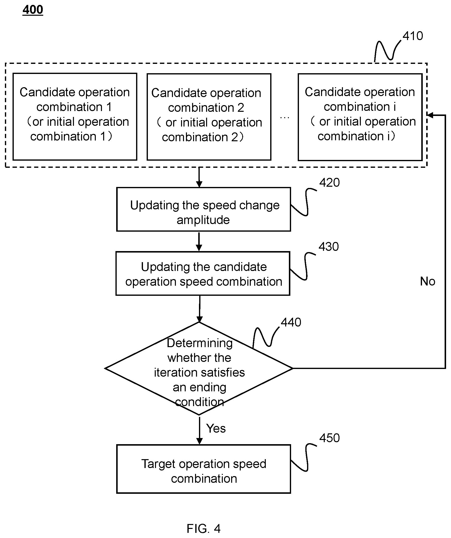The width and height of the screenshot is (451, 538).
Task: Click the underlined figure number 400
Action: pyautogui.click(x=33, y=10)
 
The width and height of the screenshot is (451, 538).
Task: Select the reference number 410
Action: pyautogui.click(x=413, y=36)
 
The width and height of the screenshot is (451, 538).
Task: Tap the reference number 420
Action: pyautogui.click(x=329, y=183)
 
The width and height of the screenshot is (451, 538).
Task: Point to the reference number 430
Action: pyautogui.click(x=329, y=246)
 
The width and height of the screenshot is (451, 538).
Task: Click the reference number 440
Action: pyautogui.click(x=291, y=322)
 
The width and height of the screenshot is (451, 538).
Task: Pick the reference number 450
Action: pyautogui.click(x=329, y=438)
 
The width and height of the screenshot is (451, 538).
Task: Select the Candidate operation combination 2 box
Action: pyautogui.click(x=209, y=117)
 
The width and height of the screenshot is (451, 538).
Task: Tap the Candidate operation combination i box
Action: pyautogui.click(x=360, y=117)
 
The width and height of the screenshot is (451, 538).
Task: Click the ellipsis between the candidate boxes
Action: pyautogui.click(x=284, y=118)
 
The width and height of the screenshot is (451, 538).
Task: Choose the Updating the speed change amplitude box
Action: pyautogui.click(x=204, y=209)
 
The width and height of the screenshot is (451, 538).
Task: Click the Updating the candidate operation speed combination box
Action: pyautogui.click(x=203, y=273)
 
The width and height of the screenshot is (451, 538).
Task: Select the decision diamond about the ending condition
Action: pyautogui.click(x=199, y=368)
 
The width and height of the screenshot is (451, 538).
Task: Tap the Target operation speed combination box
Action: pyautogui.click(x=204, y=469)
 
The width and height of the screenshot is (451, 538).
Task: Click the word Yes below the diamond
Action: pyautogui.click(x=216, y=428)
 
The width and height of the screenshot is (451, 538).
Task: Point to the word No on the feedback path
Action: pyautogui.click(x=427, y=281)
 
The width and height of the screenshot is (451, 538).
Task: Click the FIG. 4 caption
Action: pyautogui.click(x=204, y=528)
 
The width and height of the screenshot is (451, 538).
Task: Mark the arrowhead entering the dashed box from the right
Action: pyautogui.click(x=430, y=115)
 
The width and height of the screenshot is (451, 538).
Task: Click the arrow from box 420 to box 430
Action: pyautogui.click(x=199, y=241)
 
